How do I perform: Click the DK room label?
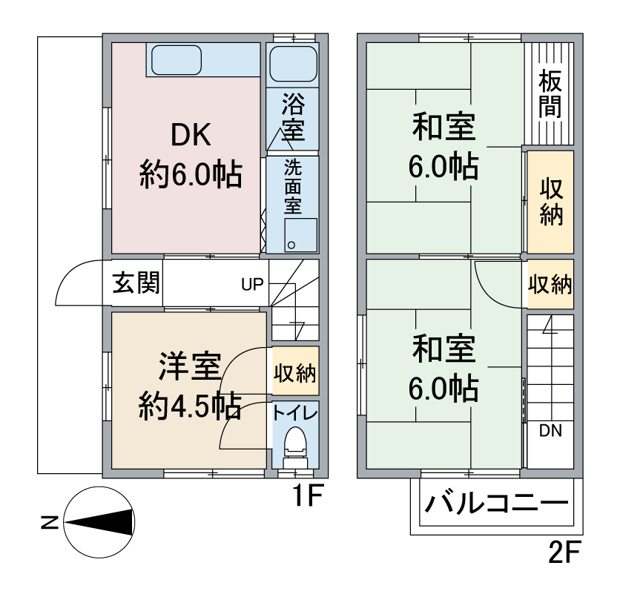(191, 136)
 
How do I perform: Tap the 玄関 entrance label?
(136, 283)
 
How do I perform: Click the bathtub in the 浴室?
(293, 63)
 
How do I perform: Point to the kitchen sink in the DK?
(177, 60)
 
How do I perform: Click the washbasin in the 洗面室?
(301, 235)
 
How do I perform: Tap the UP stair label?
(252, 284)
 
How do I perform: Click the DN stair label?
(550, 431)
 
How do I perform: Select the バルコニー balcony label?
(497, 503)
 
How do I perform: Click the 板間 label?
(550, 93)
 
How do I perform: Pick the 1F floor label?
(308, 495)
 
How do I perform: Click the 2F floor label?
(564, 553)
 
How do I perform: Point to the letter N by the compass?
(50, 523)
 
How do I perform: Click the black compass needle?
(98, 522)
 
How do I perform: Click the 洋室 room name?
(190, 366)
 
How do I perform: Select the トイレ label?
(295, 414)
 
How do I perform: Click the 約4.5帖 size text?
(190, 406)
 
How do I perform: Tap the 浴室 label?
(293, 117)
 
